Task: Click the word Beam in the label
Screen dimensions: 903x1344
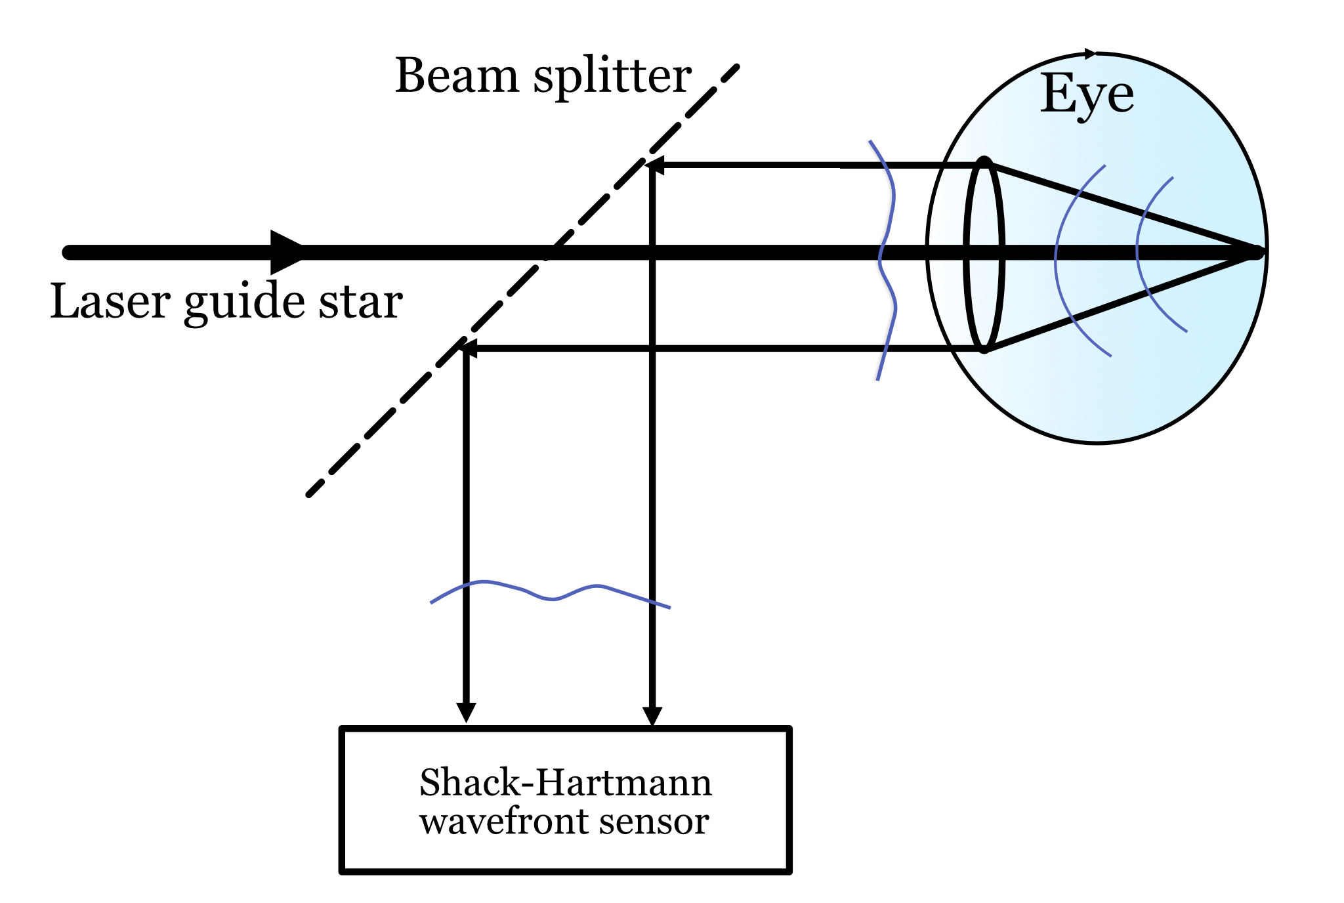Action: coord(457,76)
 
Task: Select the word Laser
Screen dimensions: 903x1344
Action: coord(110,302)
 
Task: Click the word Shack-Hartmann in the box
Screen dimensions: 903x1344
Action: coord(565,783)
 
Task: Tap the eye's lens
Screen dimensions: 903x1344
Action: coord(984,255)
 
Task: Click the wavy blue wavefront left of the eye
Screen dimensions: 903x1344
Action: coord(886,262)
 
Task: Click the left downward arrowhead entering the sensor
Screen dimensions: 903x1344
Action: coord(466,713)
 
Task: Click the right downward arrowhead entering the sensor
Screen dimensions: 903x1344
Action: coord(652,716)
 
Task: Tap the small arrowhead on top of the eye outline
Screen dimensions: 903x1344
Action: coord(1090,54)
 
